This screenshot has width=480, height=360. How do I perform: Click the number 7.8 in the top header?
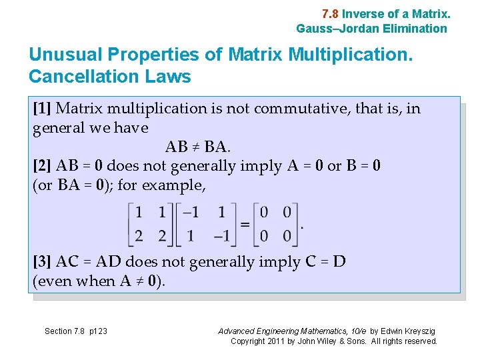[330, 13]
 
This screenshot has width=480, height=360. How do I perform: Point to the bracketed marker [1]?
[43, 108]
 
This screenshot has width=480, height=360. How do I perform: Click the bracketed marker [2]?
[43, 165]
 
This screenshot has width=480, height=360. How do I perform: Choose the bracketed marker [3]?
[43, 261]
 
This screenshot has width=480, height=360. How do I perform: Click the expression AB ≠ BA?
[197, 146]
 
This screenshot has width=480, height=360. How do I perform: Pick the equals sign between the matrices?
[245, 225]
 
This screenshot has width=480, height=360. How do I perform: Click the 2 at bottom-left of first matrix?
[139, 236]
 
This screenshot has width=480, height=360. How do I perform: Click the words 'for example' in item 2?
[161, 185]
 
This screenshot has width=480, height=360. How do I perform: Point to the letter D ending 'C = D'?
[339, 261]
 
